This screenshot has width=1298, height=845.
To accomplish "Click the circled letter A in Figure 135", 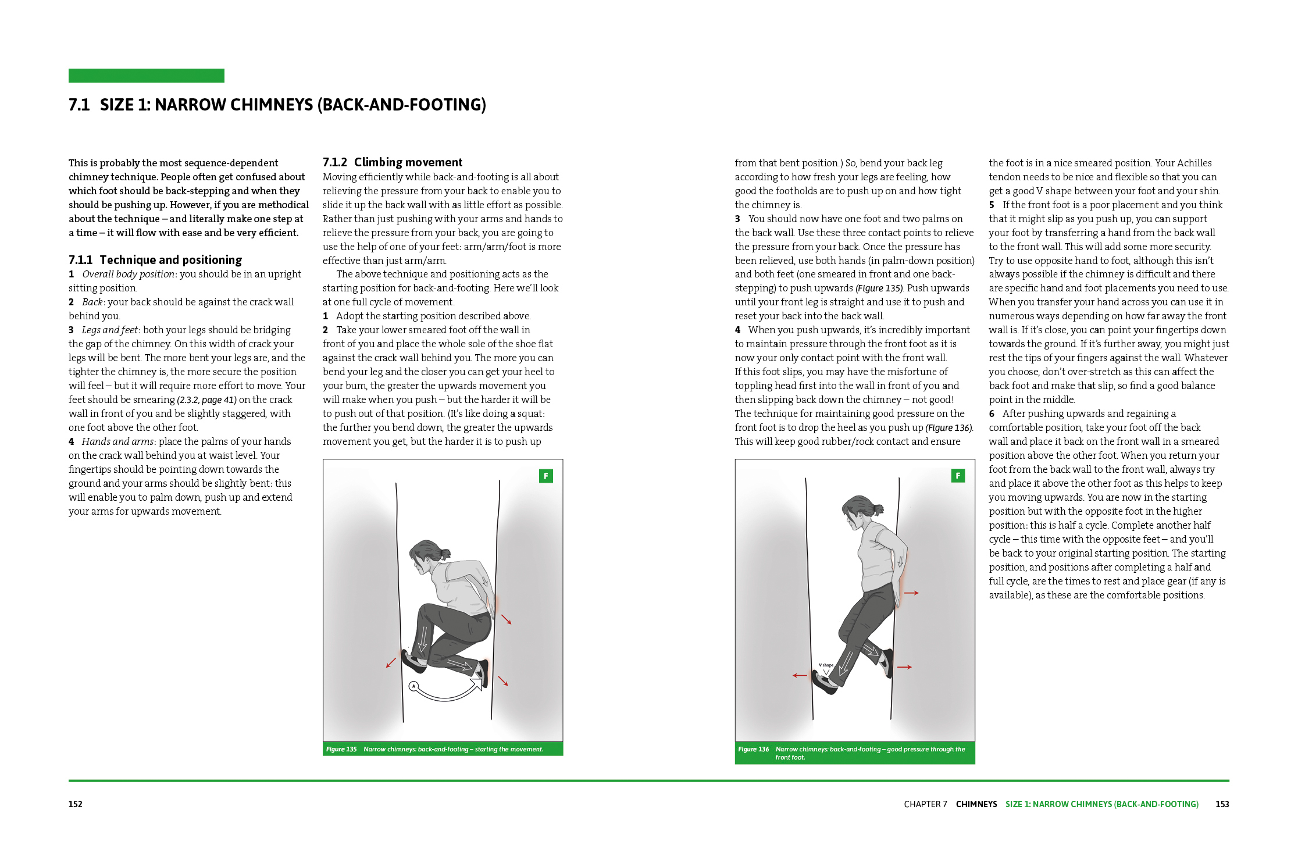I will tap(413, 686).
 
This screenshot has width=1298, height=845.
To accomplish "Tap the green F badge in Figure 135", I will tap(545, 476).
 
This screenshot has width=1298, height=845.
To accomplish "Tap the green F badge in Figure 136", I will tap(958, 476).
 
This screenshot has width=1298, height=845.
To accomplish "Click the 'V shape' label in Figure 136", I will tap(826, 665).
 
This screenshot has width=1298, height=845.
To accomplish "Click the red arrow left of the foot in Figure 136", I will tap(800, 675).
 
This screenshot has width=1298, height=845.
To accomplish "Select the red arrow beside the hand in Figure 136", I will tap(911, 593).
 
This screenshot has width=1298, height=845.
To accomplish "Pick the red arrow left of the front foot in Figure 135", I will tap(391, 663).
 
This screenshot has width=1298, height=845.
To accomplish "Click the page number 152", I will tap(76, 804).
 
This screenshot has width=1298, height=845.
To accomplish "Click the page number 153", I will tap(1222, 804).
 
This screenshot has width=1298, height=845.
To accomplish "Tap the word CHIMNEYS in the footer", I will tap(976, 804).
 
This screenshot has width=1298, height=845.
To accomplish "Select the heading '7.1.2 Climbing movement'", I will tap(393, 162).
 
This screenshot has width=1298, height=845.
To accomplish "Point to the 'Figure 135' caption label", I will tap(341, 749).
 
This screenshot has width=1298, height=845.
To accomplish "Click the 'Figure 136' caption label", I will tap(753, 749).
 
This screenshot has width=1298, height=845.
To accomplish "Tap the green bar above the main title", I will tap(146, 76).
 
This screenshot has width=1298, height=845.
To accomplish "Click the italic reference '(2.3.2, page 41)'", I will tap(207, 400).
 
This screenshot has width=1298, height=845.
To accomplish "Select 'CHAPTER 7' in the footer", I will tap(925, 804).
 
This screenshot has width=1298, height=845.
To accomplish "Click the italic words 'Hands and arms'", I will tap(118, 442).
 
